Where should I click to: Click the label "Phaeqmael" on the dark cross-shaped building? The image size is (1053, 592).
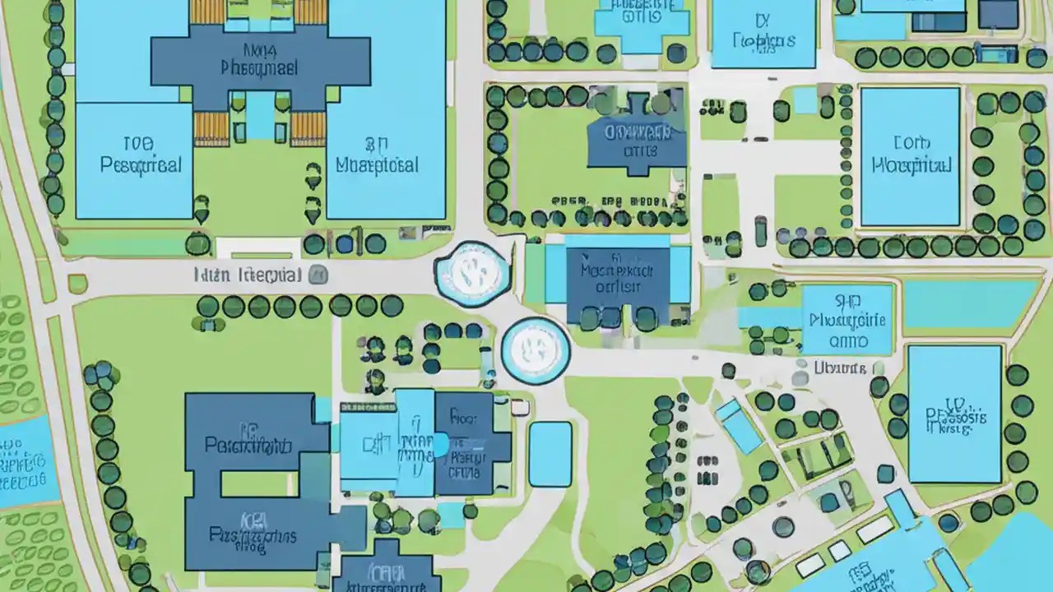coord(260,67)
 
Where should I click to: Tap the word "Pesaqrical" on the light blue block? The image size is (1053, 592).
coord(140,164)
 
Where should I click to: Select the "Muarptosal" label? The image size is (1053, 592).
coord(378,165)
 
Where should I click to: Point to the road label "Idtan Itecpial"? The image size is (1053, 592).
coord(248,275)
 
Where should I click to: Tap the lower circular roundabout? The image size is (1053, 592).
coord(535,350)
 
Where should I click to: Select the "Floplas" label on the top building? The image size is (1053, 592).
coord(763,39)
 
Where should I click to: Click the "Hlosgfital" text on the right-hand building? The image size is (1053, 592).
coord(911,165)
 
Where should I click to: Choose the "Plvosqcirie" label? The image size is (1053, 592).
coord(847,320)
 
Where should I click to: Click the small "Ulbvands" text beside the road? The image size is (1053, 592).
coord(840,368)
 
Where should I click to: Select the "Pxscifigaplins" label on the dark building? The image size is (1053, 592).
coord(253,536)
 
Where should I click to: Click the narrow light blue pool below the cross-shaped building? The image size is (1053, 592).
coord(260,114)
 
